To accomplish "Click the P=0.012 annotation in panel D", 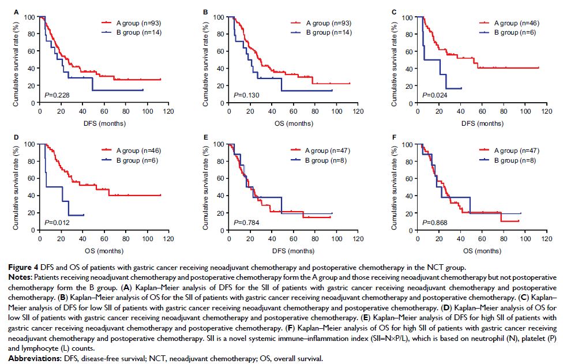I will [x=53, y=222].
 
